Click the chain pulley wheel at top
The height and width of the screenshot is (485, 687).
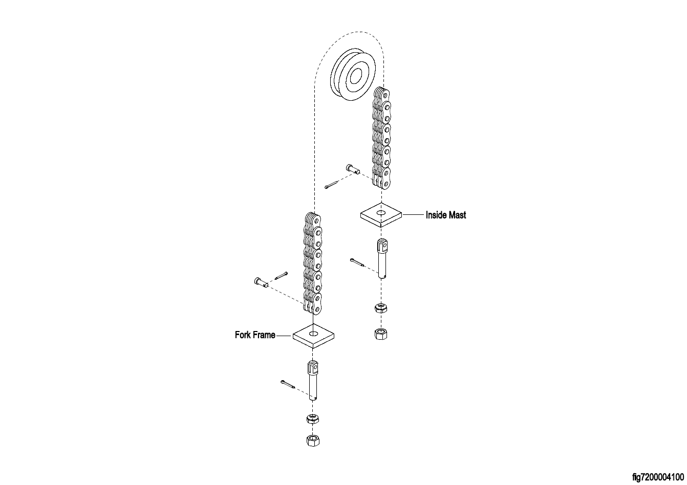coord(353,75)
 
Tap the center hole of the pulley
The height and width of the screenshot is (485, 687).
coord(356,76)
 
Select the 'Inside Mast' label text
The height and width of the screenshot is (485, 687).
coord(446,215)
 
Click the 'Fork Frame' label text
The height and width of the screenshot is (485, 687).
coord(255,335)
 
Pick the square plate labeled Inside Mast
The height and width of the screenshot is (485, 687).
coord(381,215)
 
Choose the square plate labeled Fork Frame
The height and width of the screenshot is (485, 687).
coord(313,336)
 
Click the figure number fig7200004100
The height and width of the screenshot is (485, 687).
coord(658,477)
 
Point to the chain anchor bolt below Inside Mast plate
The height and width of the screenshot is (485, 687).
coord(382,258)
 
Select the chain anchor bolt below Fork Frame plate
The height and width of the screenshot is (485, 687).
coord(313,381)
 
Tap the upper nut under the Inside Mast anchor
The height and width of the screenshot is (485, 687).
coord(380,307)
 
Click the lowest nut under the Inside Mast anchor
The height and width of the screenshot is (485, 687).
coord(380,334)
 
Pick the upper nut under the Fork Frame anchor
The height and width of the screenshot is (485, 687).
coord(312,418)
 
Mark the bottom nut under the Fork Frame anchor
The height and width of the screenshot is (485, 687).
coord(313,440)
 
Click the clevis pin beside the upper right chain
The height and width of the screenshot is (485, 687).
coord(353,169)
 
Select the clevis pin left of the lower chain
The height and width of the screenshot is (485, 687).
coord(262,282)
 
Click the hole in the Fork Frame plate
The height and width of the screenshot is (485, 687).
coord(313,333)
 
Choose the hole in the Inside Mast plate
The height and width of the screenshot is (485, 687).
coord(381,212)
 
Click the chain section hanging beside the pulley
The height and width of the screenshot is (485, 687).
coord(381,138)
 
